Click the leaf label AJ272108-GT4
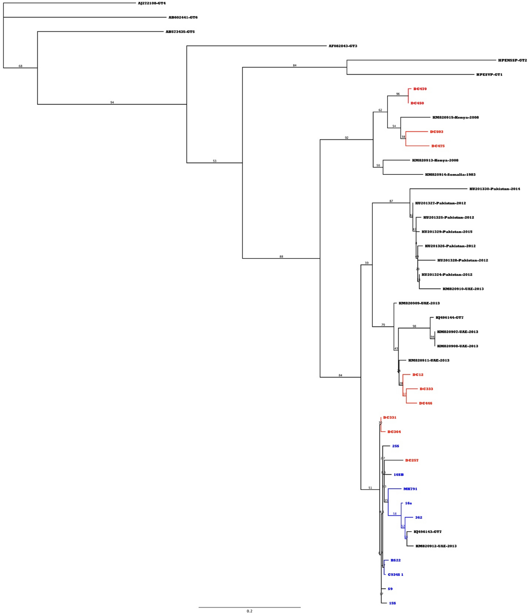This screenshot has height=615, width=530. pos(152,3)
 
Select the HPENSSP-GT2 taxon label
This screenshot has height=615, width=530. pos(513,60)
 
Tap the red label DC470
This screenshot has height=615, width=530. pos(420,89)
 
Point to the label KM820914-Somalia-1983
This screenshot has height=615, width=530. pos(450,175)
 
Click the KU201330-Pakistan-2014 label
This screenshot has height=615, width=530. pos(495,189)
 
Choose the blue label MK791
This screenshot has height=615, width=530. pos(410,489)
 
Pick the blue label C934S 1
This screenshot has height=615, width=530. pos(396,575)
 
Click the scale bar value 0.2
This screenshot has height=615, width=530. pos(249,611)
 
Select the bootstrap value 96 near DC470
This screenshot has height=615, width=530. pos(398,94)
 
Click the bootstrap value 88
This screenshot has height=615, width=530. pos(281,257)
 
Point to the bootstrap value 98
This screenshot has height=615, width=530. pos(414,326)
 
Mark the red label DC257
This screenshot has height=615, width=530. pos(412,460)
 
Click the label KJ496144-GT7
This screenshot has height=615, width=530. pos(449,318)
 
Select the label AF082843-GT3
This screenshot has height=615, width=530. pos(343,46)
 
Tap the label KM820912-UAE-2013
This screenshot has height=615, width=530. pos(436,546)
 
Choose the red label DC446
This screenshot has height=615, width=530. pos(425,403)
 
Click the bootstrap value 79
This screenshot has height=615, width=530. pos(383,325)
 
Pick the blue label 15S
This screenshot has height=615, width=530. pos(392,603)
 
